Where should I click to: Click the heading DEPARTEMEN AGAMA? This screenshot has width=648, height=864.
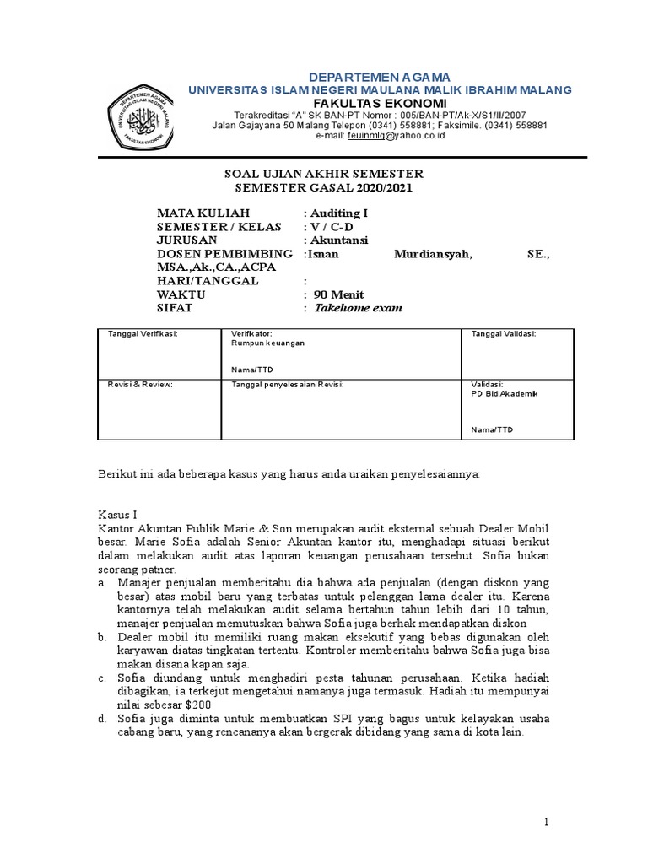[x=379, y=77]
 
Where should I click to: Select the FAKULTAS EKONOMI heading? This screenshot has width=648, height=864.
[x=379, y=102]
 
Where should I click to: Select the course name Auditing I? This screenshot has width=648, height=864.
[x=339, y=213]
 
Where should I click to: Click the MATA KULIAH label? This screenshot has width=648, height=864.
[x=203, y=213]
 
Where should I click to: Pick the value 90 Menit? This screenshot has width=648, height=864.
[x=338, y=294]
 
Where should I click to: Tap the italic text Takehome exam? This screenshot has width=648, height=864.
[x=358, y=308]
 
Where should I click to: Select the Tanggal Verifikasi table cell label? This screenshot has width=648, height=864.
[x=143, y=334]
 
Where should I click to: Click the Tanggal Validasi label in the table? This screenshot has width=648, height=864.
[x=504, y=334]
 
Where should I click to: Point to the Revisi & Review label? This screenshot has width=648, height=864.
[x=140, y=384]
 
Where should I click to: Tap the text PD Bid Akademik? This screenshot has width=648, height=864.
[x=504, y=394]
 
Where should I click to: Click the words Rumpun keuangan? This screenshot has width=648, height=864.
[x=267, y=344]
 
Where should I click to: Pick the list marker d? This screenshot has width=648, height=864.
[x=101, y=719]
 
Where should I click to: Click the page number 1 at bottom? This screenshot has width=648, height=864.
[x=547, y=822]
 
